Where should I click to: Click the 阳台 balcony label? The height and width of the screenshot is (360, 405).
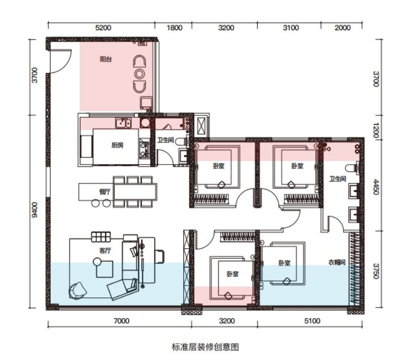tap(106, 59)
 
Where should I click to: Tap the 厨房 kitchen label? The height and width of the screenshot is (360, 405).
tap(117, 145)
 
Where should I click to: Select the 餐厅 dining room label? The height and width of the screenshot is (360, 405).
tap(105, 192)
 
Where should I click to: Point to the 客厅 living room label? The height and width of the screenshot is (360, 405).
tap(105, 250)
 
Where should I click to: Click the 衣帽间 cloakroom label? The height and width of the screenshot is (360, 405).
tap(337, 262)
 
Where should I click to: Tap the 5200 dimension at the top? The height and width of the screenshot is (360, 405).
tap(103, 28)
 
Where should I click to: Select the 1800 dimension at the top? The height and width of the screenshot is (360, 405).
tap(174, 28)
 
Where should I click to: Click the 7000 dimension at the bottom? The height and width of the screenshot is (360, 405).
tap(121, 321)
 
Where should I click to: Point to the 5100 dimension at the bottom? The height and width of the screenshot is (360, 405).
tap(312, 321)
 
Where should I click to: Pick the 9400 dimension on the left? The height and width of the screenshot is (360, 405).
tap(35, 210)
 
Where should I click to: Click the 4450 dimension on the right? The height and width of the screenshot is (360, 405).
tap(376, 187)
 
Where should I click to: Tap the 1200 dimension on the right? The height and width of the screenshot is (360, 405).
tap(376, 131)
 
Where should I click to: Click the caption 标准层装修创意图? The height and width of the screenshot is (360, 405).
tap(205, 347)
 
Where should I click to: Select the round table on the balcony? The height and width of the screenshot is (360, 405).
tap(140, 74)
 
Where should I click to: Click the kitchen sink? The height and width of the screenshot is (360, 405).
tap(123, 123)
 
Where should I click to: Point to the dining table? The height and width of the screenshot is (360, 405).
tap(135, 192)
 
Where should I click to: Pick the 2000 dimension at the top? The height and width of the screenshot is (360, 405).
tap(342, 28)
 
